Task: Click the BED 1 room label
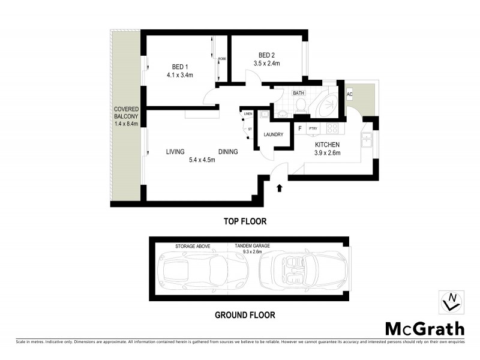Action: click(x=178, y=67)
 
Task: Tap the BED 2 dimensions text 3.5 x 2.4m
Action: click(x=267, y=63)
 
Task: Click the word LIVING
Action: click(x=175, y=152)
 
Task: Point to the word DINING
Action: click(x=228, y=152)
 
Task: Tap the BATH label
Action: click(x=298, y=94)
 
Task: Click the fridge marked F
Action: click(x=299, y=128)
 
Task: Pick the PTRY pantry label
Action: click(x=313, y=128)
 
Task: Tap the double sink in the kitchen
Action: click(x=365, y=142)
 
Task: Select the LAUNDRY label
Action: click(x=272, y=134)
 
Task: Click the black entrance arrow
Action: click(x=279, y=188)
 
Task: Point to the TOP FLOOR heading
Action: click(x=245, y=221)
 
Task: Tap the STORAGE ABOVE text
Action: click(x=192, y=246)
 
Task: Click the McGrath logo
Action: click(x=424, y=328)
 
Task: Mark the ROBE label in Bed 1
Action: click(x=222, y=59)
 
